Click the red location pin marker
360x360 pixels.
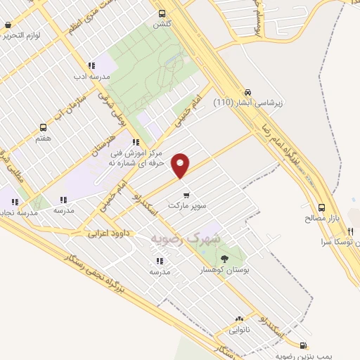click(181, 165)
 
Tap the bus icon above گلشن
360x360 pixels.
click(162, 13)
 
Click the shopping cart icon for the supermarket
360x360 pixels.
click(185, 195)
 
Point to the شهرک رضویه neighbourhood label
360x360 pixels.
click(186, 239)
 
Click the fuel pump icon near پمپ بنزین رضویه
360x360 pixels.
click(303, 345)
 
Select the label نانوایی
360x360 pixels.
click(239, 328)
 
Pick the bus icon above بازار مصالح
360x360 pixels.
click(321, 207)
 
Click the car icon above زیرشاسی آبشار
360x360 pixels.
click(247, 92)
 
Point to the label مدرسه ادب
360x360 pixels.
click(89, 75)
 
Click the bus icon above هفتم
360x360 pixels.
click(44, 127)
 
